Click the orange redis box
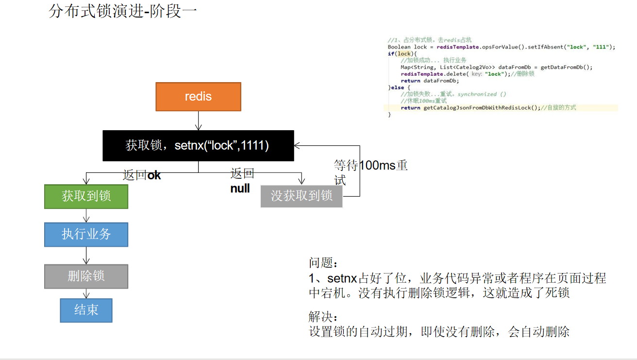click(198, 97)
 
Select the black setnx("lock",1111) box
click(198, 145)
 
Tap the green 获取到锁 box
click(86, 196)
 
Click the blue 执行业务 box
click(86, 234)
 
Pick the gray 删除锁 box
click(86, 276)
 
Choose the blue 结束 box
click(86, 310)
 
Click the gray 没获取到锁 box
click(301, 196)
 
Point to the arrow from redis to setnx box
click(198, 120)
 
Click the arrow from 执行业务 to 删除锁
click(86, 256)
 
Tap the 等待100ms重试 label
click(370, 172)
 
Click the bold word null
click(240, 189)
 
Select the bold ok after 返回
click(154, 175)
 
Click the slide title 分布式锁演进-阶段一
click(122, 11)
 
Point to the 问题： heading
click(322, 263)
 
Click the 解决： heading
click(322, 317)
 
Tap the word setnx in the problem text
click(342, 279)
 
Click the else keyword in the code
click(396, 87)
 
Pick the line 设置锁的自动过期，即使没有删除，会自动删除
click(439, 332)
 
